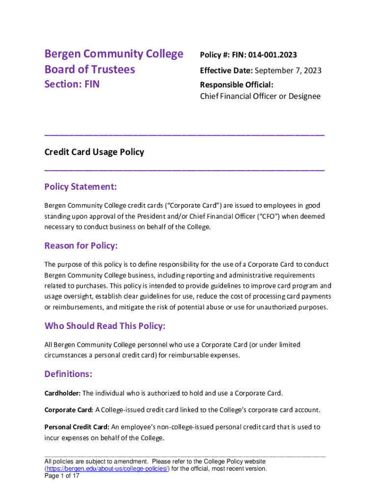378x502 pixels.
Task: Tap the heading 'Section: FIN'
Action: pos(72,84)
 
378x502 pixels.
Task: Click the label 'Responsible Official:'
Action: pos(237,85)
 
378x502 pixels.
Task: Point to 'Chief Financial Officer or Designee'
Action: pos(260,97)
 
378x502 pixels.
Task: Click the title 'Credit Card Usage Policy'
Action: pos(94,152)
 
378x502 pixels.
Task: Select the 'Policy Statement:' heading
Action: pos(81,187)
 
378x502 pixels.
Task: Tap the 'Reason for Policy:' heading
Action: pos(81,246)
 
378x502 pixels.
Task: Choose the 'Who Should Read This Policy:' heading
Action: pos(105,326)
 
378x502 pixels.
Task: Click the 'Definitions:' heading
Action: pos(68,375)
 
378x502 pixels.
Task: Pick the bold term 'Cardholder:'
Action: pos(62,393)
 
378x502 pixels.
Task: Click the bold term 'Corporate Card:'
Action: pos(69,410)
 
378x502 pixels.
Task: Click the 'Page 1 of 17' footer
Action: pos(62,476)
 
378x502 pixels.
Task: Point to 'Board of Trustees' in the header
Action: pos(90,69)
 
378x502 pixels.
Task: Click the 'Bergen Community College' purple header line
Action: pos(114,53)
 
